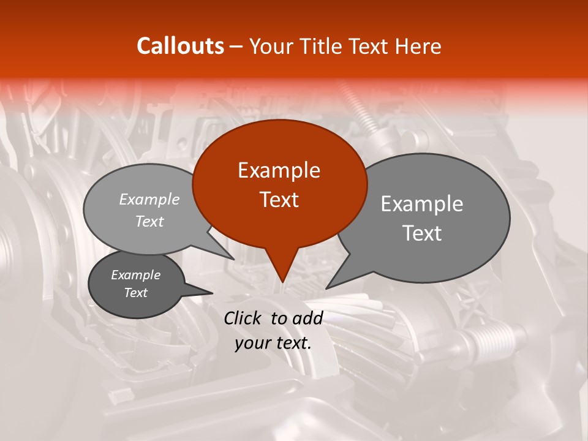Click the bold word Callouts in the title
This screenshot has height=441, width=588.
click(x=180, y=46)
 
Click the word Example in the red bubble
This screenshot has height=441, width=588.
click(x=279, y=170)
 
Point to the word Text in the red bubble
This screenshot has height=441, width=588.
click(x=279, y=200)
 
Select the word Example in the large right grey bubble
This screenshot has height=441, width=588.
click(x=422, y=204)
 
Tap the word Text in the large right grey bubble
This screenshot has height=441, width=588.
click(x=422, y=233)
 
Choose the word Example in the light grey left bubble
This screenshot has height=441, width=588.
click(x=149, y=199)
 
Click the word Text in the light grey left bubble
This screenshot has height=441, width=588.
click(x=149, y=221)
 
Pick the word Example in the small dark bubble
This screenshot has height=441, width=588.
click(x=136, y=275)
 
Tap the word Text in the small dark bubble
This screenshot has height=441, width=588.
click(x=136, y=293)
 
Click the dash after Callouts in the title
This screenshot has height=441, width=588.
click(x=236, y=47)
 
